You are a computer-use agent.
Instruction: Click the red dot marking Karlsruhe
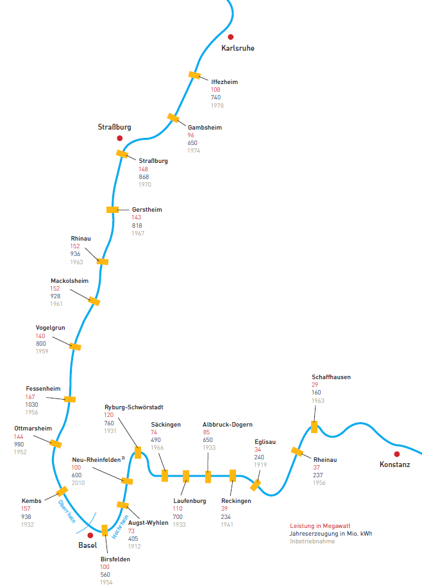(231, 37)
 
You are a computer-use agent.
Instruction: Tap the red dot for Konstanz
(397, 454)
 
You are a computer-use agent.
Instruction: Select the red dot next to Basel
(90, 535)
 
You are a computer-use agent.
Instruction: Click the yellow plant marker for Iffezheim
(194, 75)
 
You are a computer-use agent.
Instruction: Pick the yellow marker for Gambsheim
(173, 118)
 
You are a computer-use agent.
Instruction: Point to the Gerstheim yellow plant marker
(113, 210)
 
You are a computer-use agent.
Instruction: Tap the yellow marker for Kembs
(62, 491)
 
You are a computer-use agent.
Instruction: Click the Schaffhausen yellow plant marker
(314, 427)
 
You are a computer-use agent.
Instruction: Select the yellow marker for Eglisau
(255, 485)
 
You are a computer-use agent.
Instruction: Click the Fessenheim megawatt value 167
(30, 397)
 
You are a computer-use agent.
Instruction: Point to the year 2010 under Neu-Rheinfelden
(78, 483)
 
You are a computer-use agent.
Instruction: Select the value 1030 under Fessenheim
(32, 404)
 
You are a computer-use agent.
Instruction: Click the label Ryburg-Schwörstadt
(134, 407)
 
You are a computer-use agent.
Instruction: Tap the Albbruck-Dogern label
(228, 425)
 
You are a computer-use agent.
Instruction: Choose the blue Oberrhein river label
(67, 511)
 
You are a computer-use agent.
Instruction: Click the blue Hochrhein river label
(120, 527)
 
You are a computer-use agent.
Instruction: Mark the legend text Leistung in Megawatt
(320, 526)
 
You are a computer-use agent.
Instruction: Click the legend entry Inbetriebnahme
(312, 541)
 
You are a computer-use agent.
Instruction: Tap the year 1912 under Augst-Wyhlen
(135, 546)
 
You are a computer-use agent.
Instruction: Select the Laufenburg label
(190, 501)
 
